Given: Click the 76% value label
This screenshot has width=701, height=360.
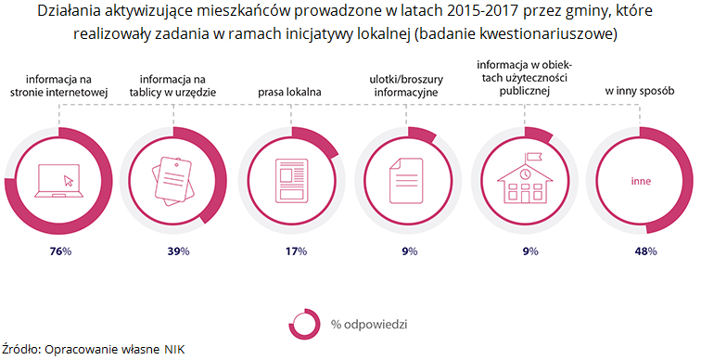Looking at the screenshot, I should [60, 251].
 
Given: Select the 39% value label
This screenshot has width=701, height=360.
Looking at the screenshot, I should [177, 251].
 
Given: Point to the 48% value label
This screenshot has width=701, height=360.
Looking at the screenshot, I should [645, 251].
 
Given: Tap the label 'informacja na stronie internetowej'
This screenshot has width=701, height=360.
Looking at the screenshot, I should [59, 85].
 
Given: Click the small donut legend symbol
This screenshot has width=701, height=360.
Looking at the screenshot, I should [304, 324].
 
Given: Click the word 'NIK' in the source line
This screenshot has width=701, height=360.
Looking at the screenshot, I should [174, 350].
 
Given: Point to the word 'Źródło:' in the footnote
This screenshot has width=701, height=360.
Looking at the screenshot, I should [20, 350].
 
